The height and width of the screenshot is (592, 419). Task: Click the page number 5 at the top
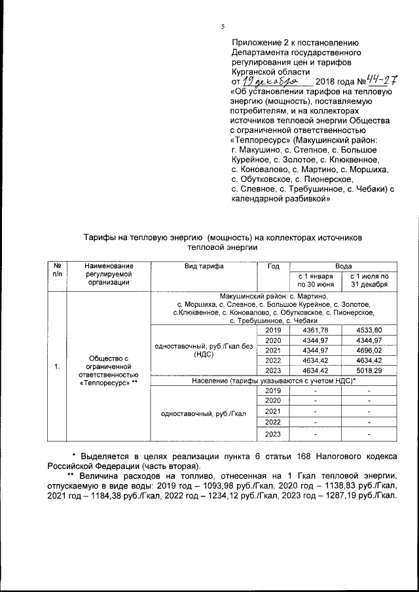pos(223,27)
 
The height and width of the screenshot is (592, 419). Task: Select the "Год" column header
pos(274,266)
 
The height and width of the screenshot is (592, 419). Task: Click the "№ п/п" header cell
pos(58,270)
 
